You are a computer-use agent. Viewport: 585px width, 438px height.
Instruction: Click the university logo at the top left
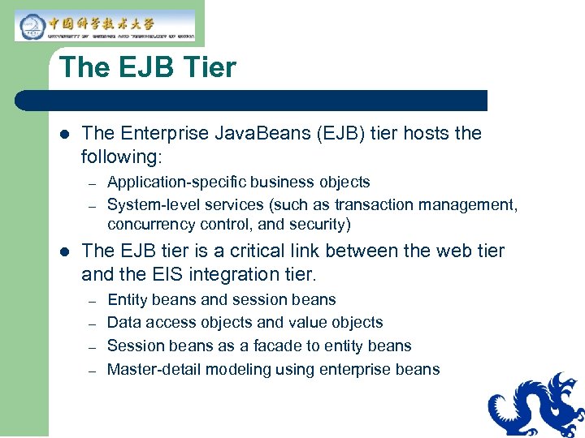click(x=105, y=25)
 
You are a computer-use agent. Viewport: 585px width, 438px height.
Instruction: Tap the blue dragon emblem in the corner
click(x=537, y=406)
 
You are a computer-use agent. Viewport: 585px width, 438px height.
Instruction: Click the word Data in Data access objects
click(x=123, y=323)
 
